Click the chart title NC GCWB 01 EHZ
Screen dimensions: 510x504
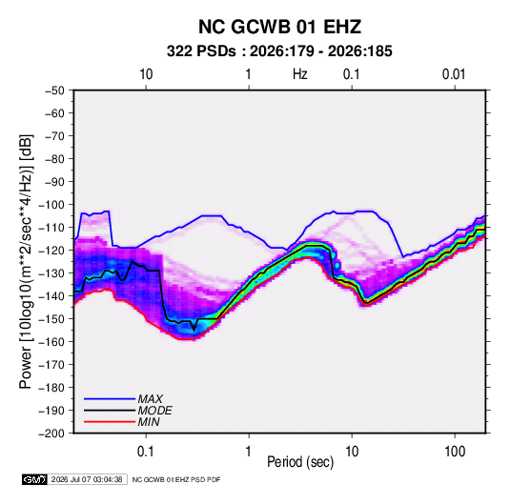tap(279, 27)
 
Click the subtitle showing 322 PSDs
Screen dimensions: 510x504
tap(279, 51)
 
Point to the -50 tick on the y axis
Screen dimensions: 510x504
tap(54, 91)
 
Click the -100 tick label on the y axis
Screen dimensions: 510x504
tap(51, 205)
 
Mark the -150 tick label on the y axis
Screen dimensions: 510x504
tap(51, 319)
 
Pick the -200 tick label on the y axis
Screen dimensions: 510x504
tap(51, 433)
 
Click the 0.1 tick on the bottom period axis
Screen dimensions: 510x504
tap(146, 452)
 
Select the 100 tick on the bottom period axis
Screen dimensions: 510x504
tap(455, 452)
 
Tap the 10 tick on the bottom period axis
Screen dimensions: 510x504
tap(352, 452)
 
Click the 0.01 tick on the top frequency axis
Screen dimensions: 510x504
tap(454, 74)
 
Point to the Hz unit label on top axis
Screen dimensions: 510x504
tap(300, 74)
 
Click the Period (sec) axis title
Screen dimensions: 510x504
tap(300, 462)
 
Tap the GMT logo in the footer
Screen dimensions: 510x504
tap(35, 479)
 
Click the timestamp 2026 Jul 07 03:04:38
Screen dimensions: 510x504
tap(87, 479)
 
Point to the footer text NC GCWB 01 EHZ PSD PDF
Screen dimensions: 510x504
tap(176, 479)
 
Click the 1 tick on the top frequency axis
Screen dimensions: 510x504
tap(248, 74)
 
